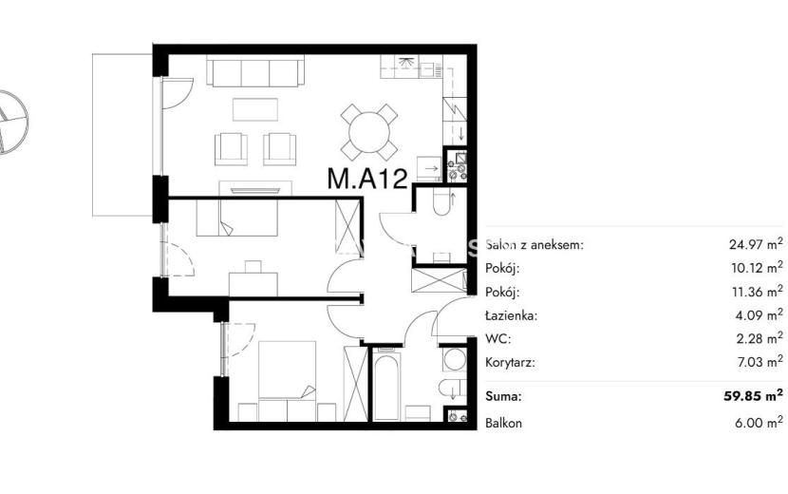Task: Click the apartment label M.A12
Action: click(x=366, y=179)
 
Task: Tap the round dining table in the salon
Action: click(x=369, y=133)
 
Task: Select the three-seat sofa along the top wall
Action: click(x=255, y=71)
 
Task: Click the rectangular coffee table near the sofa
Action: click(x=255, y=109)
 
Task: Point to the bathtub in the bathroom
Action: click(x=386, y=386)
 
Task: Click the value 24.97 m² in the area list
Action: click(x=756, y=244)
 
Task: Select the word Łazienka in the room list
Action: click(x=511, y=316)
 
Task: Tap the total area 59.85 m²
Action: click(x=753, y=395)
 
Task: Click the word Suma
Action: click(x=503, y=396)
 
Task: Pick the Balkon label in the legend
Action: click(x=503, y=423)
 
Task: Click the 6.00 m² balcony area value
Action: click(x=759, y=422)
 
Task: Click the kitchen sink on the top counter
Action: click(x=431, y=69)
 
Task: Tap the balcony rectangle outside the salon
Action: click(x=122, y=135)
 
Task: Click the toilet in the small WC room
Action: click(x=442, y=203)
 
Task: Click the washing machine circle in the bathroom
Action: click(x=455, y=359)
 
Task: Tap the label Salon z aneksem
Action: click(x=535, y=245)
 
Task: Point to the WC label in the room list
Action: click(x=498, y=339)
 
